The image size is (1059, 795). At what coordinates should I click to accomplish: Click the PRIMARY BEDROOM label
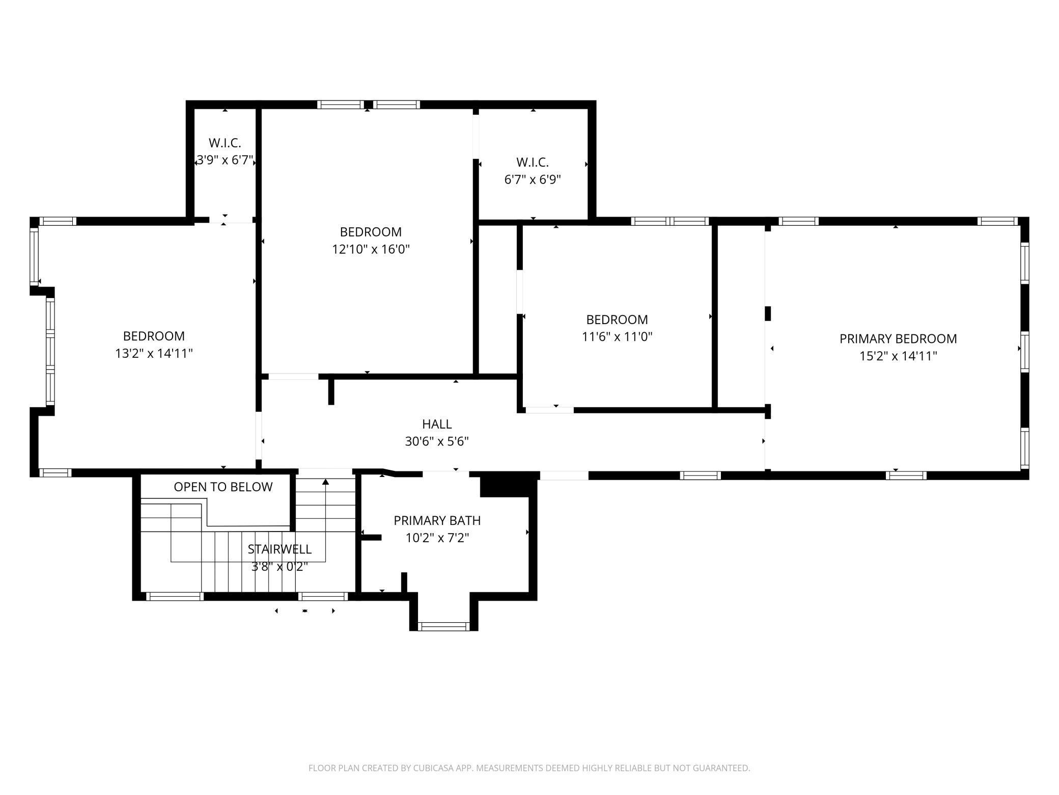[898, 338]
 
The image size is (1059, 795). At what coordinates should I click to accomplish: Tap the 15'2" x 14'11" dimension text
[898, 356]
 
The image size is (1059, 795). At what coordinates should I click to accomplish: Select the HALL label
[437, 424]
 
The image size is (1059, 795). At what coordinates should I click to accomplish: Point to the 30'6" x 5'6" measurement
[437, 441]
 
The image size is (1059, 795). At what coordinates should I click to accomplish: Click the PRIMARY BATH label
[437, 520]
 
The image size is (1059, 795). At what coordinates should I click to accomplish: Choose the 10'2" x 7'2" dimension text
[437, 538]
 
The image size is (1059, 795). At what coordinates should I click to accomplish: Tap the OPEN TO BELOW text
[223, 487]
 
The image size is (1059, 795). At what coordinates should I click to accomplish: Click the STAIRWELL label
[280, 549]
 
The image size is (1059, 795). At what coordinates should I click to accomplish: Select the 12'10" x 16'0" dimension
[371, 249]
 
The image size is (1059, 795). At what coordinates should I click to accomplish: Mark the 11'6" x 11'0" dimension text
[617, 337]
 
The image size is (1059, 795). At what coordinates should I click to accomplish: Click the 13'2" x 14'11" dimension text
[154, 353]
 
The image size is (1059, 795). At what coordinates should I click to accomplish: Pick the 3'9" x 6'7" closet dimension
[225, 160]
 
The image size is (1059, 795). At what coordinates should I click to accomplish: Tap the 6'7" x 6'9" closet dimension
[533, 179]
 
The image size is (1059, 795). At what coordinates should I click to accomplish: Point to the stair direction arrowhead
[325, 482]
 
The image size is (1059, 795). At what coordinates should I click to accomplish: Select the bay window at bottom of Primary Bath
[443, 626]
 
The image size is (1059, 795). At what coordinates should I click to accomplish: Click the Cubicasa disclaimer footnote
[529, 767]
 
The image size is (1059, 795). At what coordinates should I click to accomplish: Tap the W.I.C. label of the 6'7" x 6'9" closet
[533, 162]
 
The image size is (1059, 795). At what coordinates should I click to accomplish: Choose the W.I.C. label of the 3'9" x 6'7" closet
[225, 143]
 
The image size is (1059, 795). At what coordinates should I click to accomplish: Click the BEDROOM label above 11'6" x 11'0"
[617, 320]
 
